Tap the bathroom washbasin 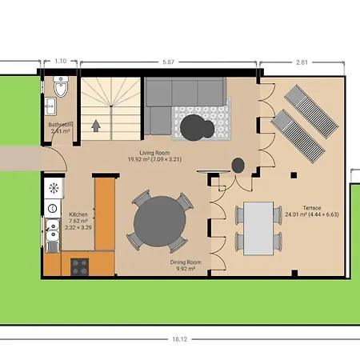pyautogui.click(x=52, y=105)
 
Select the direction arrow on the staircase pyautogui.click(x=96, y=124)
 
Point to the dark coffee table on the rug pyautogui.click(x=196, y=126)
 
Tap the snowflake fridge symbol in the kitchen pyautogui.click(x=54, y=189)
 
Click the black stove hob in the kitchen pyautogui.click(x=81, y=265)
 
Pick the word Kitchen pyautogui.click(x=78, y=215)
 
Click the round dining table pyautogui.click(x=159, y=221)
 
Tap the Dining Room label pyautogui.click(x=186, y=262)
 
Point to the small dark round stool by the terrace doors pyautogui.click(x=238, y=165)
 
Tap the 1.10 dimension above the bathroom pyautogui.click(x=60, y=61)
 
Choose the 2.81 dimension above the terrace pyautogui.click(x=302, y=61)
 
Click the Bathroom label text pyautogui.click(x=61, y=125)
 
